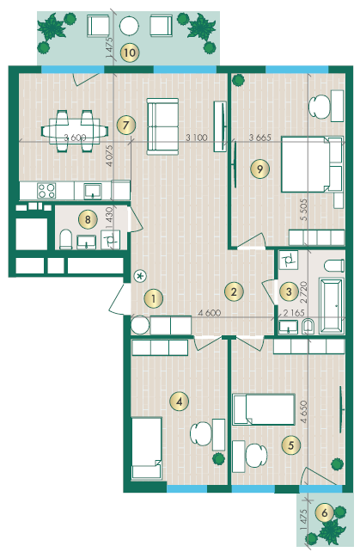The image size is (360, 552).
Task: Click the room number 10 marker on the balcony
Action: point(130,52)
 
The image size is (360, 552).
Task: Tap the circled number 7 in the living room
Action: point(126,125)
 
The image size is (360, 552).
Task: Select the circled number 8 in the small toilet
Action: point(88,220)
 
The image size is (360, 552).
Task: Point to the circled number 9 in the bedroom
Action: point(259,169)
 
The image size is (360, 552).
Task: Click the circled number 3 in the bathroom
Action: point(289,291)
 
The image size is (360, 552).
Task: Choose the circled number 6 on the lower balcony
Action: point(325,513)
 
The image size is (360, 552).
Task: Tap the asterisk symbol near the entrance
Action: point(140,276)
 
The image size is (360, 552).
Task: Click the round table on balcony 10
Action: point(129,25)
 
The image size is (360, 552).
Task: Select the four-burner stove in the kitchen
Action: point(46,191)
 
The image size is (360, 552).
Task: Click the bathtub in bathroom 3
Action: point(331,305)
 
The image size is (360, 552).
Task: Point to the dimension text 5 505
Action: point(303,210)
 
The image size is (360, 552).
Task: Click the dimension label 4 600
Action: point(210,313)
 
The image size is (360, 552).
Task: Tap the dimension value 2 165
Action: point(294,313)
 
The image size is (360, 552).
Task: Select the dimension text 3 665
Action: point(260,138)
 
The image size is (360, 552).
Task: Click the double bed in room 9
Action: point(312,164)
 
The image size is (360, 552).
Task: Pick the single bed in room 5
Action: point(264,409)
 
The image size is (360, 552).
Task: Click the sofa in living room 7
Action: point(162,126)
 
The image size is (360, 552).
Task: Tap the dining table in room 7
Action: point(75,132)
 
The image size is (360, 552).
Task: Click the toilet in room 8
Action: point(66,239)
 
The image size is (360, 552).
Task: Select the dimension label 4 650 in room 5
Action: point(303,412)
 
